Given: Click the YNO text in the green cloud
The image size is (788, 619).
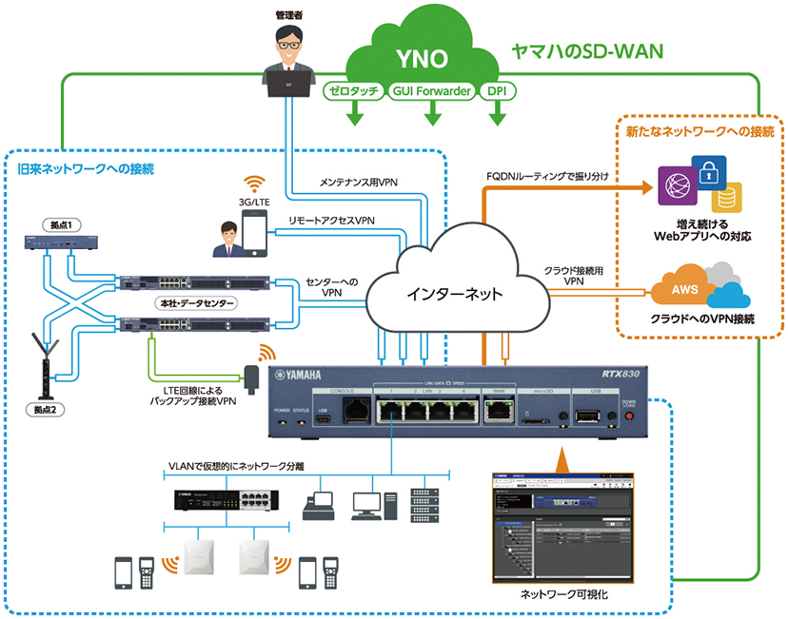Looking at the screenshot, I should pyautogui.click(x=423, y=60).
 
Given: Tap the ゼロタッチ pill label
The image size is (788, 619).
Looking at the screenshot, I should pyautogui.click(x=354, y=92).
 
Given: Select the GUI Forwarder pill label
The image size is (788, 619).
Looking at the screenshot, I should pyautogui.click(x=431, y=92).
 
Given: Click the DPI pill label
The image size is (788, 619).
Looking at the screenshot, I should pyautogui.click(x=496, y=92).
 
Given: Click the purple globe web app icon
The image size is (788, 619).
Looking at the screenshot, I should pyautogui.click(x=679, y=183).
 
